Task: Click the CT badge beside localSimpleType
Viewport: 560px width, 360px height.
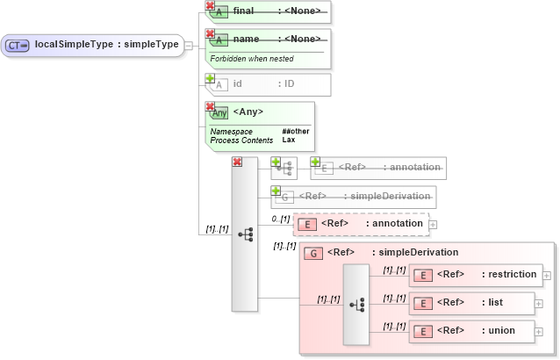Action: point(18,45)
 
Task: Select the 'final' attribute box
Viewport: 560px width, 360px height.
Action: point(268,12)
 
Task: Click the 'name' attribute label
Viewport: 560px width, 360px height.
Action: point(247,40)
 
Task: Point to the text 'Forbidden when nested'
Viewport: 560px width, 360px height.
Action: point(252,59)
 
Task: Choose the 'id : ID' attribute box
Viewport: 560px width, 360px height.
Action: point(268,84)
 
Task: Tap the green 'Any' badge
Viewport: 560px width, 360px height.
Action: point(219,113)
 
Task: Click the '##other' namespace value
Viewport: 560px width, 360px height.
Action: point(296,132)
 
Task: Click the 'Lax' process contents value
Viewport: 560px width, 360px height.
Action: point(288,140)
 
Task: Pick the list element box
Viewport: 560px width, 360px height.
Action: point(471,303)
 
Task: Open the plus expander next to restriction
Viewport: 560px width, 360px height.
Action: point(548,276)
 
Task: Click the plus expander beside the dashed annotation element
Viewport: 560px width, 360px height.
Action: point(433,225)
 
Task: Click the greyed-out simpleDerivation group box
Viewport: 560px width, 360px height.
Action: point(354,197)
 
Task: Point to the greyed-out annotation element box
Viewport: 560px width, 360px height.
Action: point(377,167)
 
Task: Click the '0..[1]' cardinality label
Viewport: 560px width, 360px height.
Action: point(279,219)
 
